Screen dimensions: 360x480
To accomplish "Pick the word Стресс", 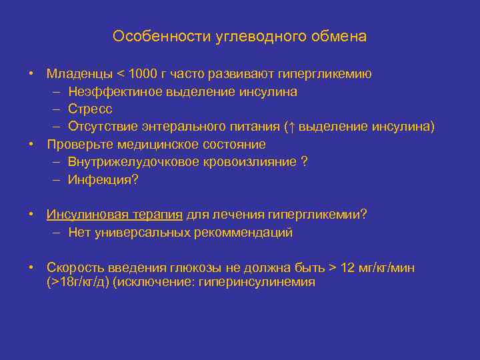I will tap(90, 109).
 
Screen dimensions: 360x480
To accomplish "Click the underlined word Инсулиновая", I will tap(87, 215).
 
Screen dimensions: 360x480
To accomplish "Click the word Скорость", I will tap(74, 268).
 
